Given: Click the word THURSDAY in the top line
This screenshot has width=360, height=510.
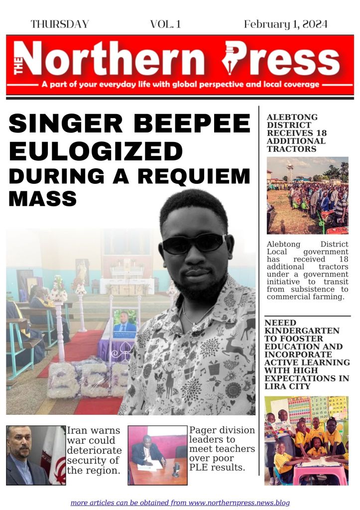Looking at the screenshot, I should point(60,24).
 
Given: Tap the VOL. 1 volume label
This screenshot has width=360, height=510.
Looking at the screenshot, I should point(165,24).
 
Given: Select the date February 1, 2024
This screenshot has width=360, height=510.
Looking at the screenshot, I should point(286,24).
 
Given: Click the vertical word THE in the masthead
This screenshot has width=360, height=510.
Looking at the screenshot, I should point(19,65).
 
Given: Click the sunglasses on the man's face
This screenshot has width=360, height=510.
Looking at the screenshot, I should point(194,243).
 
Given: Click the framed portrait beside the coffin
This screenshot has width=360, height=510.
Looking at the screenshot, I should point(124,324).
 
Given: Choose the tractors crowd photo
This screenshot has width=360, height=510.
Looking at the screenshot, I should point(307,195).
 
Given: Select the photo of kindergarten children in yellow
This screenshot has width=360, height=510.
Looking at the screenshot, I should point(306,440).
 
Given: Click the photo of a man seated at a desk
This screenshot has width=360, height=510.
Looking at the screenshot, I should point(157,455).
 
